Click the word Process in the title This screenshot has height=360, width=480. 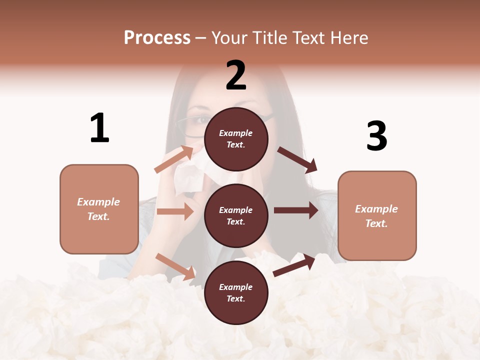pos(157,37)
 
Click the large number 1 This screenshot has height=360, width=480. pos(99,128)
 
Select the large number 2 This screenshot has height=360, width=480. pos(236,75)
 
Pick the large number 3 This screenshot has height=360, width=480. pos(376,136)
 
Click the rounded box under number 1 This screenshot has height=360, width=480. pos(99,209)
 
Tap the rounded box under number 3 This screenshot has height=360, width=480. pos(377,215)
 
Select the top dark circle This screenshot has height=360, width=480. pos(236,139)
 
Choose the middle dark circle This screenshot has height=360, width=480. pos(236,215)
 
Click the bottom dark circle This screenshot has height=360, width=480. pos(236,292)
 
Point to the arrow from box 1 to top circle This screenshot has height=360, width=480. pos(173,159)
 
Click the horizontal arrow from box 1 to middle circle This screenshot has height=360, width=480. pos(175,211)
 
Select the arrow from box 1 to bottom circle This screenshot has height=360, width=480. pos(175,266)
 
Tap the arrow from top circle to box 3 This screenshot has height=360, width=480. pos(297,159)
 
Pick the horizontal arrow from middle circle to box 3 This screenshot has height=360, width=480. pos(296,210)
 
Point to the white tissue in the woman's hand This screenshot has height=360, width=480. pos(188,175)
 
